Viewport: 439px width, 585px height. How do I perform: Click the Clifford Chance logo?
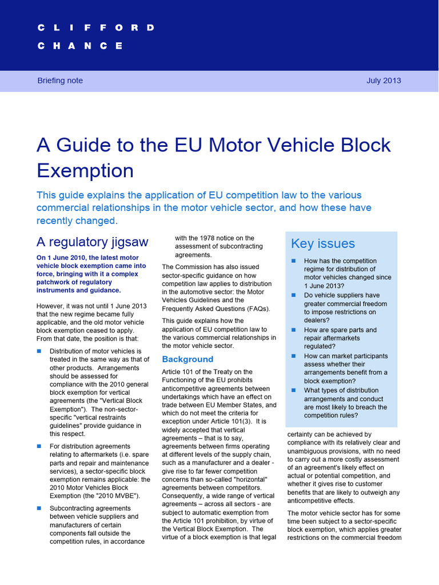(95, 37)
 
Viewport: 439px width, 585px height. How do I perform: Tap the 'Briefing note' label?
(60, 81)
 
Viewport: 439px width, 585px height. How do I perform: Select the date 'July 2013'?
(384, 81)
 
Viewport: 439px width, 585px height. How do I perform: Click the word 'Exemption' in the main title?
(85, 170)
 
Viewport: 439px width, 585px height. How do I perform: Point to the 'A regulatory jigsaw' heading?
(92, 242)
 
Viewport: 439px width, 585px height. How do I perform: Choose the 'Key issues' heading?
(323, 244)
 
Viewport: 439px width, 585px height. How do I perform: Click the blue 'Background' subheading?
(187, 359)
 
